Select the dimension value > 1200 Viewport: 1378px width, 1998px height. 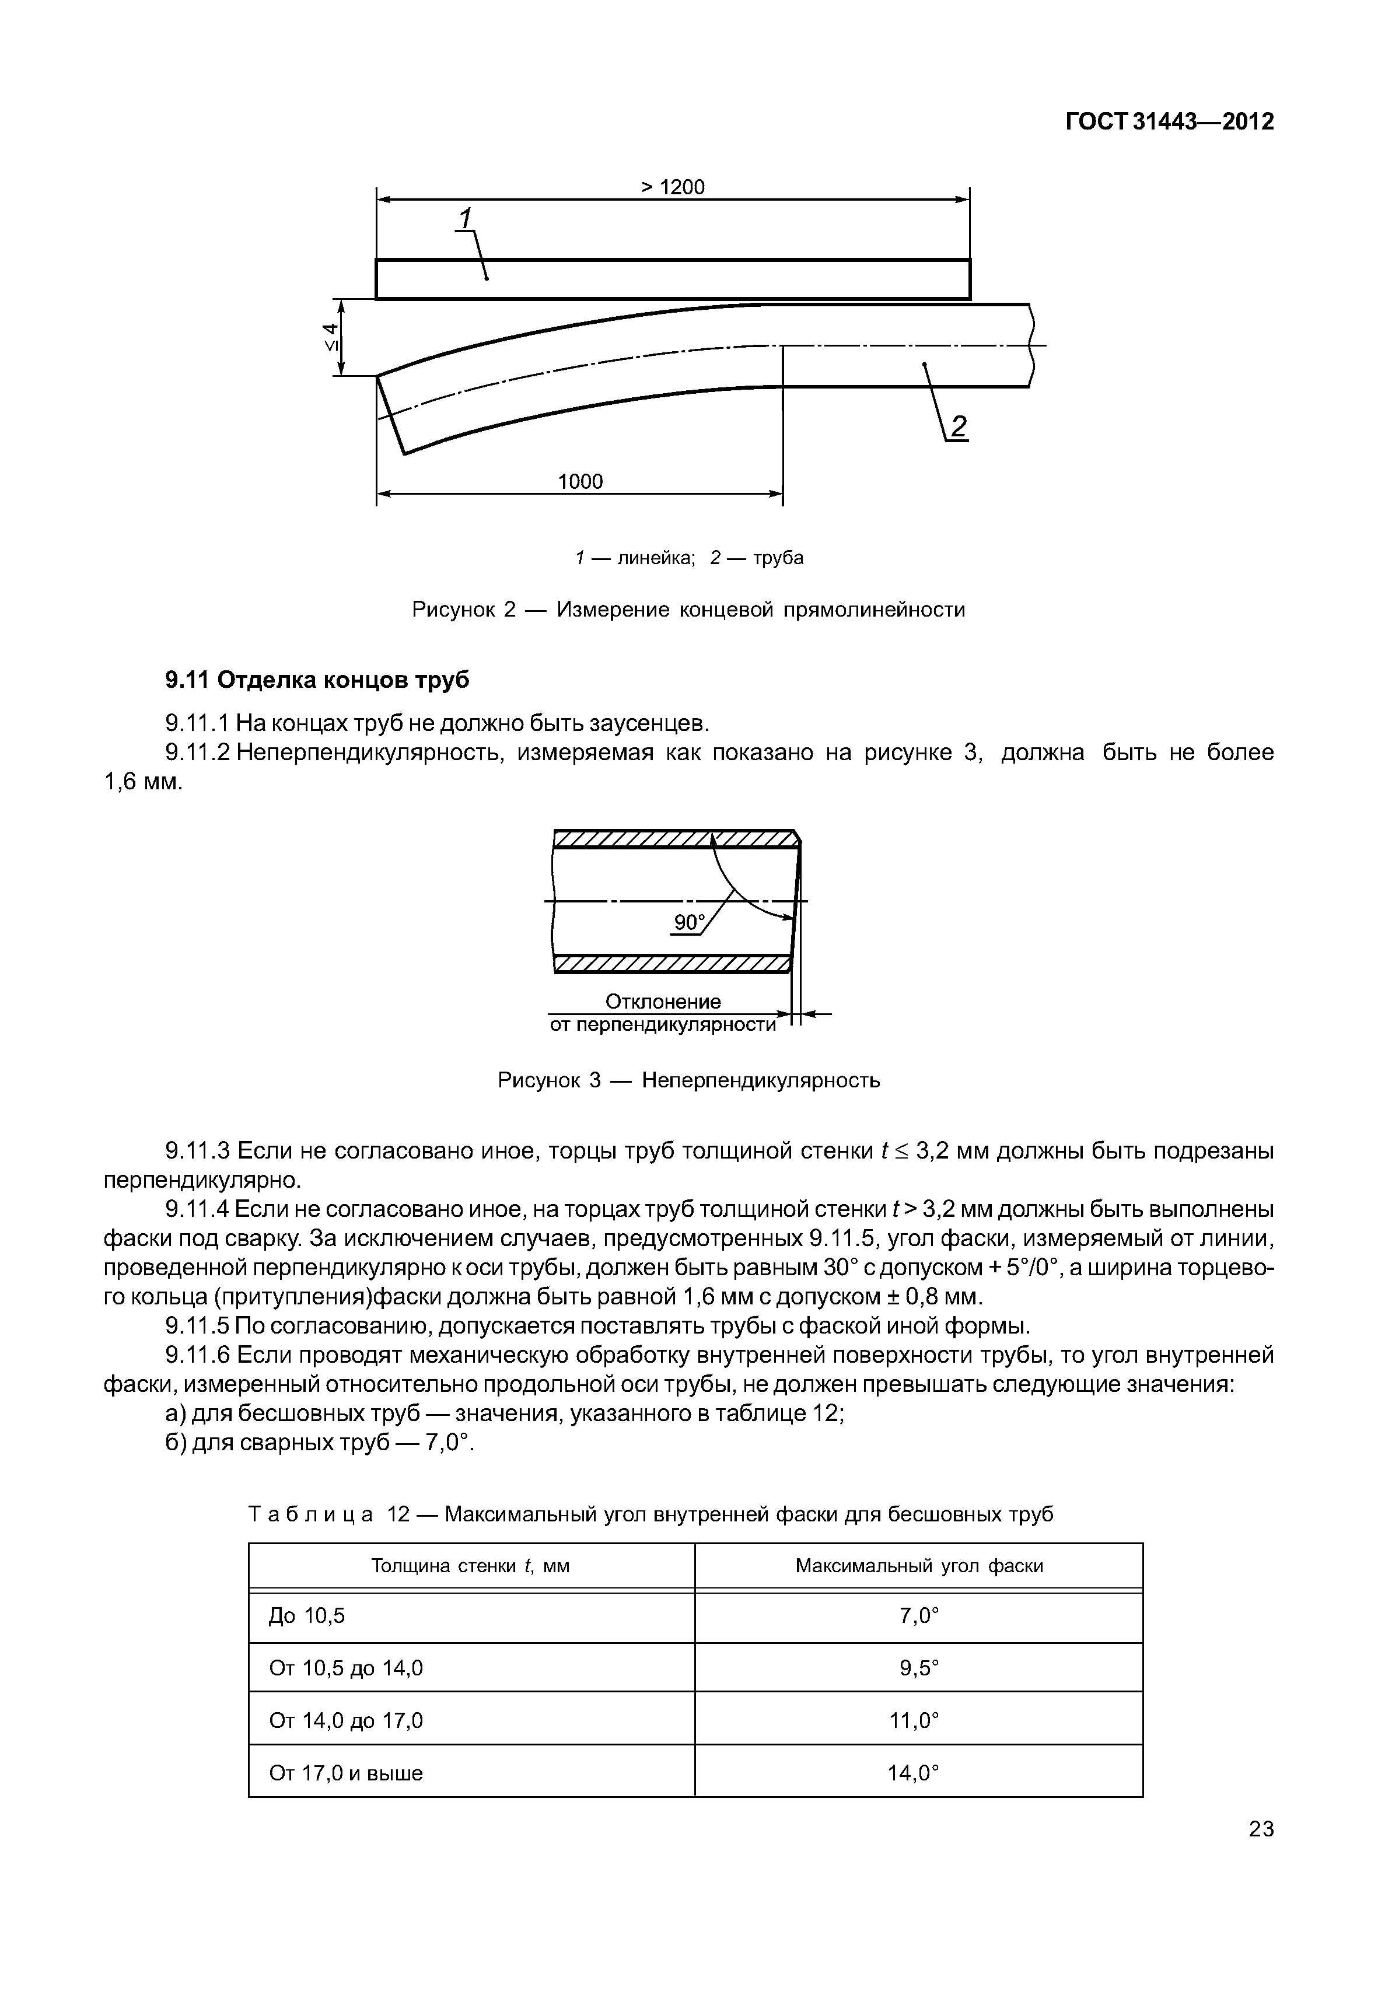(673, 187)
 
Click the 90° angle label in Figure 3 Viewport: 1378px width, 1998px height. (689, 923)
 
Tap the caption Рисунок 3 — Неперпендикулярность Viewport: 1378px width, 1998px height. (688, 1080)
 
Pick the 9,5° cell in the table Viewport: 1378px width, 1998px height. (919, 1668)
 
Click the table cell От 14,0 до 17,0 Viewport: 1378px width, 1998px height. (345, 1721)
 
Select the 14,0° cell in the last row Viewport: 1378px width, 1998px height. (912, 1773)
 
